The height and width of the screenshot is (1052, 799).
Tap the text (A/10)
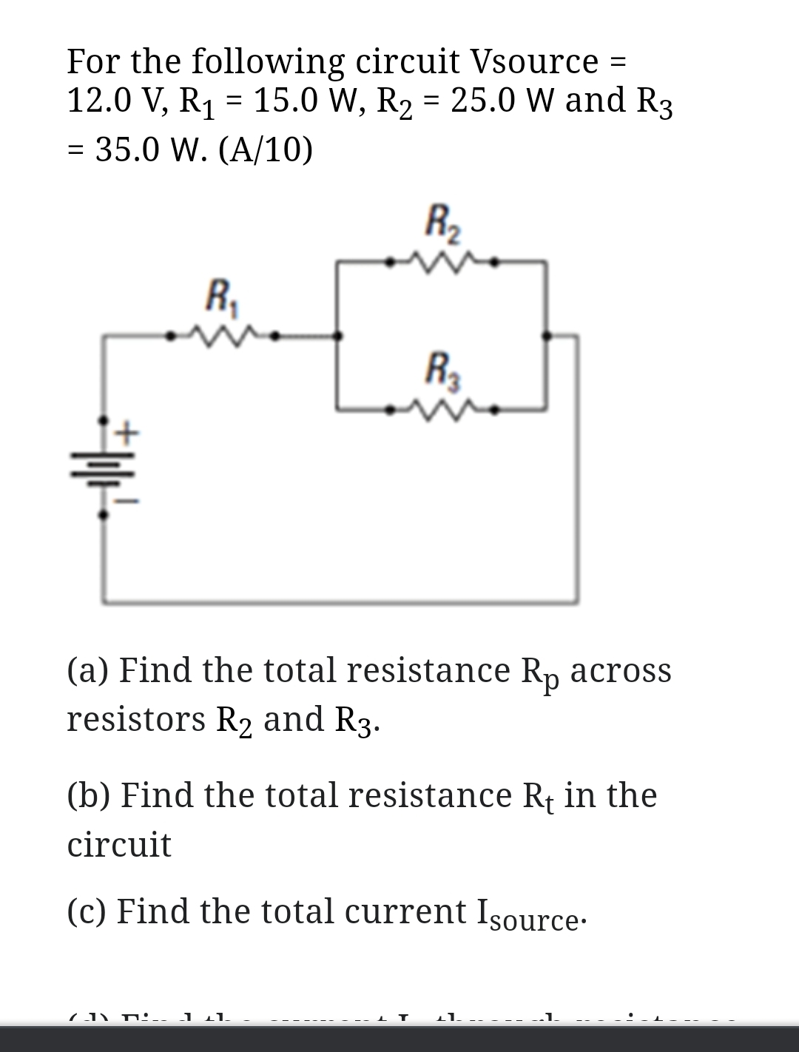click(266, 150)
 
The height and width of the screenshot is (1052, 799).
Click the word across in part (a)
click(621, 670)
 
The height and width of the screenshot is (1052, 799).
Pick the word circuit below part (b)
click(119, 844)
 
